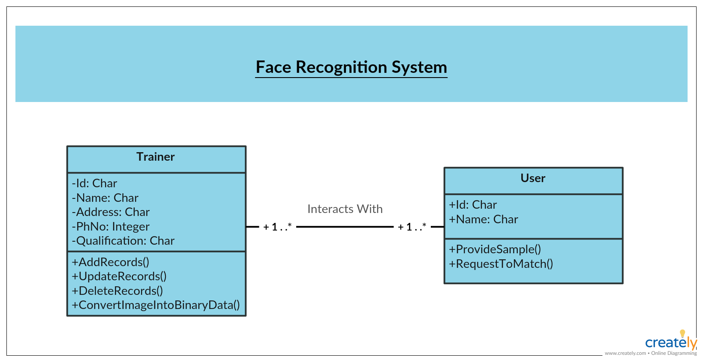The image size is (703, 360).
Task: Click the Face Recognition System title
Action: point(351,67)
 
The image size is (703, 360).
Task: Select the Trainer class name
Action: point(156,156)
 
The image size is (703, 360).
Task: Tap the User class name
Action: point(533,178)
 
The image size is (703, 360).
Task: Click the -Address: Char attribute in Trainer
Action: point(111,212)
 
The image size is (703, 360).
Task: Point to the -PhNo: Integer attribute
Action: point(111,227)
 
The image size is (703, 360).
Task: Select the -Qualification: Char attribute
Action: point(123,241)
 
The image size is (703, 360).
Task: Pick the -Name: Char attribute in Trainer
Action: point(105,198)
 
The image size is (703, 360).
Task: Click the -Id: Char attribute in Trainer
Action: point(94,183)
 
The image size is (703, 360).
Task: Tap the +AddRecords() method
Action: point(111,262)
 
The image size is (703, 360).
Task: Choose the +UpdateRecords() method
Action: point(119,276)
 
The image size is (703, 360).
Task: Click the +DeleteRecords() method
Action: point(117,291)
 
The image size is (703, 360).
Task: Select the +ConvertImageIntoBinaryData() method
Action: point(156,305)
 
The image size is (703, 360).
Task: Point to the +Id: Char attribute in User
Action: point(473,204)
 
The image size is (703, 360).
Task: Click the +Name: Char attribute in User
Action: point(484,219)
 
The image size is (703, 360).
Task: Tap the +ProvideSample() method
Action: point(495,249)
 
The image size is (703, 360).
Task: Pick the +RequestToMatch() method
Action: point(501,264)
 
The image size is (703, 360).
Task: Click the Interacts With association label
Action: point(345,209)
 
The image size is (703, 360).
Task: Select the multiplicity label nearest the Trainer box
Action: point(277,227)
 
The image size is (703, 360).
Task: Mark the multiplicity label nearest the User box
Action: point(412,227)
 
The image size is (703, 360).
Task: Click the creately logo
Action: point(671,342)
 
